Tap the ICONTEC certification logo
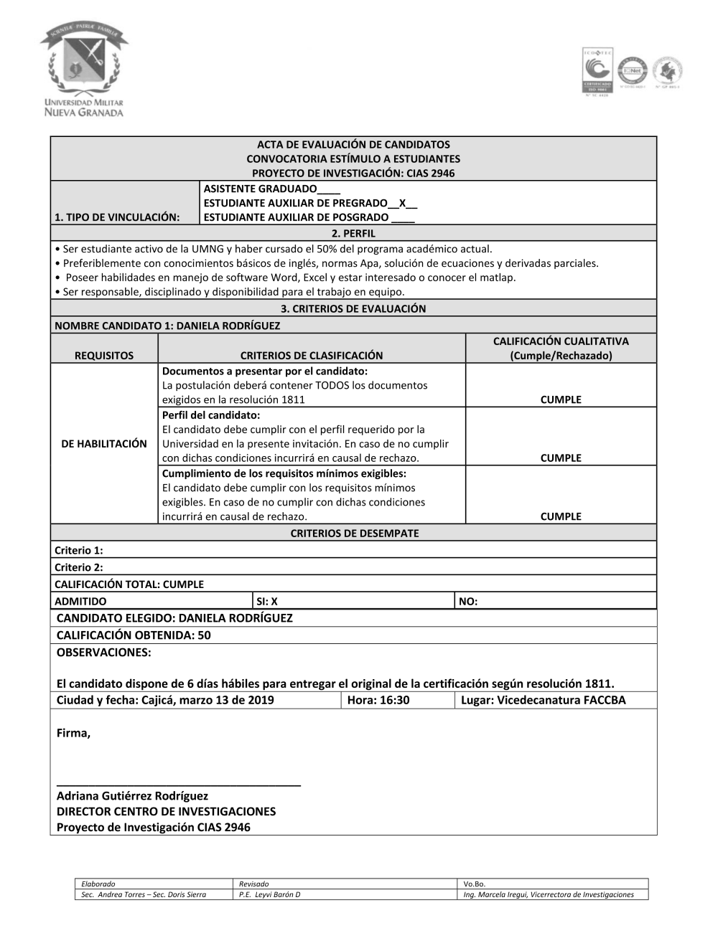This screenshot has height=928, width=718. pos(596,72)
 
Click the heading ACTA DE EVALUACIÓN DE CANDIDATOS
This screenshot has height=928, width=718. pos(353,144)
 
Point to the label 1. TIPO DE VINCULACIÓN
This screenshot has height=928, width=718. pos(118,217)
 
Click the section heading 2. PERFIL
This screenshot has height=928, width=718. pos(353,233)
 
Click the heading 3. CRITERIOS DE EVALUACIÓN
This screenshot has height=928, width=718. pos(353,308)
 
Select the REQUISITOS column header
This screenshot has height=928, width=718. pos(104,355)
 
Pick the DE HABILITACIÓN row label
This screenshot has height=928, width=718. pos(104,443)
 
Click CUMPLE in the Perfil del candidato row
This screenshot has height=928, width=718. pos(561,458)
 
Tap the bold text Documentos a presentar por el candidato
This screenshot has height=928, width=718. pos(265,371)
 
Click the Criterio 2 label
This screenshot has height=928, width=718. pos(79,567)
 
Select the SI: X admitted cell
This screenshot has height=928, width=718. pos(267,602)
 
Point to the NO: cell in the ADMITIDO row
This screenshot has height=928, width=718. pos(468,602)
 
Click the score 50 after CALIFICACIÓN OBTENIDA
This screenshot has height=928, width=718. pos(204,635)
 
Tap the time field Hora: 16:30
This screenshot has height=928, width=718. pos(378,700)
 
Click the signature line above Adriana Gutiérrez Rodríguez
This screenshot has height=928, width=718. pos(178,785)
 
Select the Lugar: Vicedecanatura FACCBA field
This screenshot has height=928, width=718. pos(544,700)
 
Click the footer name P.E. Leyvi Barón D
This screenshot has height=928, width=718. pos(270,894)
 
